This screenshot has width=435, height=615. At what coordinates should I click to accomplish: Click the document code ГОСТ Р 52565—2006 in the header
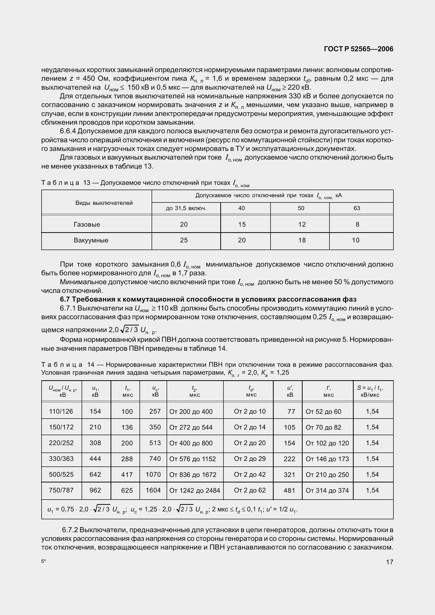[x=358, y=49]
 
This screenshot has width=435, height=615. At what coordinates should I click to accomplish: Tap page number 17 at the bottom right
[x=389, y=562]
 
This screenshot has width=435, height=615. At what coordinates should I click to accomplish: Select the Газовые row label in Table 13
[x=87, y=225]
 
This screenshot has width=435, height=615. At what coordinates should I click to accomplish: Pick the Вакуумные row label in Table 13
[x=91, y=240]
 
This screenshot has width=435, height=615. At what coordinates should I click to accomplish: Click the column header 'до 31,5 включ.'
[x=186, y=209]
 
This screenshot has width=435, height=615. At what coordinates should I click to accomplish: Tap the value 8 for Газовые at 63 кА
[x=357, y=225]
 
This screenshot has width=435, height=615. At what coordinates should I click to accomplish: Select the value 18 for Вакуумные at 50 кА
[x=302, y=240]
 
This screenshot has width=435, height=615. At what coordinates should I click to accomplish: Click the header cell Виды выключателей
[x=104, y=203]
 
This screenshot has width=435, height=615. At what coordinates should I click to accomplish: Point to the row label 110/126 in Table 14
[x=61, y=411]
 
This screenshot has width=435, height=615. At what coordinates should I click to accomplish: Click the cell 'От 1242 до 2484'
[x=194, y=490]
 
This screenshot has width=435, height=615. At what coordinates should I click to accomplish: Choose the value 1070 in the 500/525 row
[x=153, y=475]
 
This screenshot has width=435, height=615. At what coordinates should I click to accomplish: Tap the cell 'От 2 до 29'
[x=249, y=459]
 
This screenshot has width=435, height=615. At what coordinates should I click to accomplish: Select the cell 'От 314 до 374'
[x=327, y=490]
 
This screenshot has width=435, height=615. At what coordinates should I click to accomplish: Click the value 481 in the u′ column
[x=289, y=490]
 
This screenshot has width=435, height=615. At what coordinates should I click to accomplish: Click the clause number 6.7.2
[x=70, y=530]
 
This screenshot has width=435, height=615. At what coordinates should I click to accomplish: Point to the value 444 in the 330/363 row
[x=95, y=459]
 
